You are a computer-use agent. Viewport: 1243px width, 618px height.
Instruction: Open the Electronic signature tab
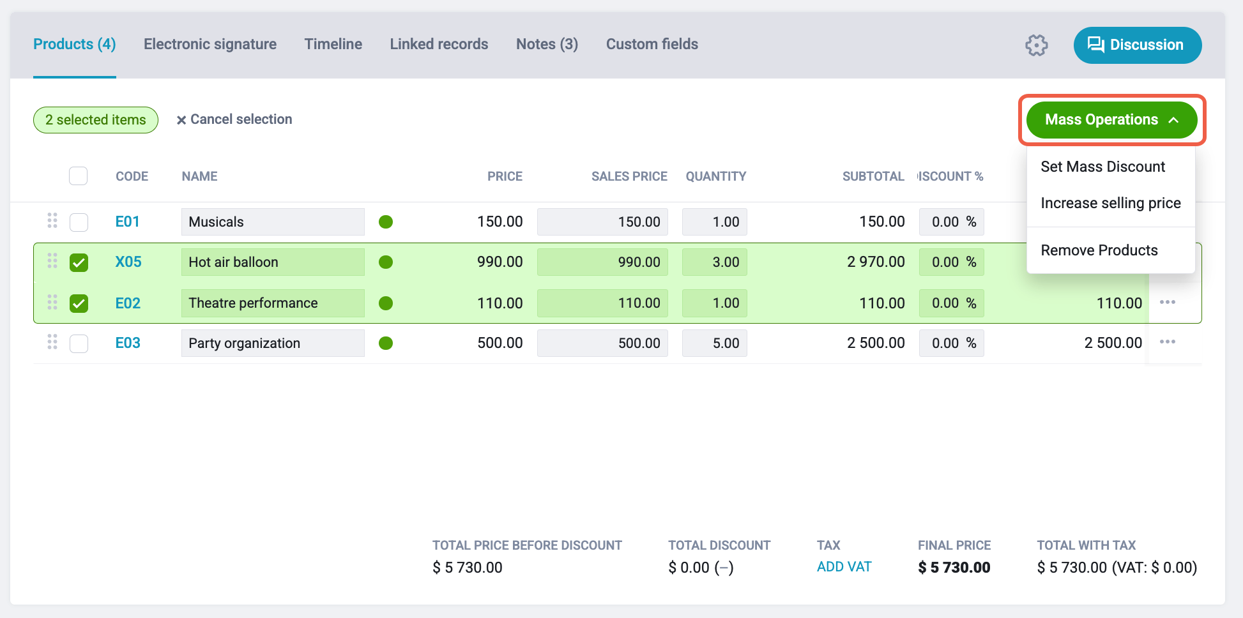tap(210, 44)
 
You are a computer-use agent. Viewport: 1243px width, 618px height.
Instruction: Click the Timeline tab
tap(333, 44)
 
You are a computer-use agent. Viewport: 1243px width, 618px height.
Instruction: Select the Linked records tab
tap(439, 44)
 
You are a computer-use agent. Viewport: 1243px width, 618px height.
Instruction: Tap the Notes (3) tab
tap(547, 44)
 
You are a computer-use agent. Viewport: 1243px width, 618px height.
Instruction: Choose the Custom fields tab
tap(652, 44)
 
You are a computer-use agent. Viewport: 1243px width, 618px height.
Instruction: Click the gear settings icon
tap(1037, 45)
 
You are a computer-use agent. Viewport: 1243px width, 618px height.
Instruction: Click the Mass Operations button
tap(1112, 120)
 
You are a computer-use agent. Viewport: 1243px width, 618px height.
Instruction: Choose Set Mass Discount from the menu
tap(1103, 167)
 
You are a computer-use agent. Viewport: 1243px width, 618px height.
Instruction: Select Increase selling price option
tap(1111, 203)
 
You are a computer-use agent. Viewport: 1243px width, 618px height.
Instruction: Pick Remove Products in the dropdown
tap(1099, 250)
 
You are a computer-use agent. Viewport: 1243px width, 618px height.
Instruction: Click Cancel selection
tap(234, 119)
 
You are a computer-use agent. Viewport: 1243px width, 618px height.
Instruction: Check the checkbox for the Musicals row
tap(79, 222)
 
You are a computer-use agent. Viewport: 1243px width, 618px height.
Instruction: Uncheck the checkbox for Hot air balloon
tap(79, 262)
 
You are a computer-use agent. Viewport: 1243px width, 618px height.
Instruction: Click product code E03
tap(128, 343)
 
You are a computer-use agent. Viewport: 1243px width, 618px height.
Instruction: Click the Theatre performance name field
tap(273, 303)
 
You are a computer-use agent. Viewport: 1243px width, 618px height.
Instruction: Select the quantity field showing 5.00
tap(715, 343)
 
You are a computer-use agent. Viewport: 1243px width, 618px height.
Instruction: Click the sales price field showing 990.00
tap(602, 262)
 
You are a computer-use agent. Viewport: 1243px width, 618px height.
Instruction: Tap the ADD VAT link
tap(844, 567)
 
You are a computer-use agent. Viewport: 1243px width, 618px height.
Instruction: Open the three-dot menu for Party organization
tap(1168, 342)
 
